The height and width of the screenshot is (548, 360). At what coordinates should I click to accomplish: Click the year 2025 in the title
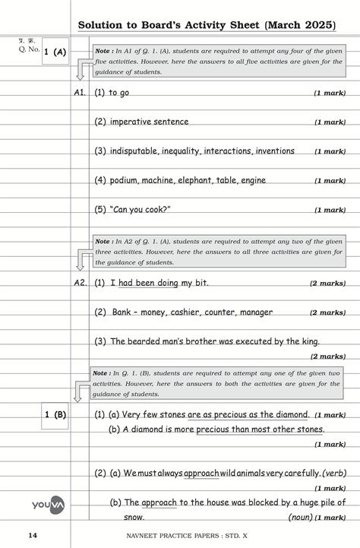coord(316,25)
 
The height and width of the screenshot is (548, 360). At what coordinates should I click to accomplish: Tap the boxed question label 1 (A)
coord(55,52)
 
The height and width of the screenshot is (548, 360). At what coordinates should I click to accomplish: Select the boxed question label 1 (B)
coord(55,414)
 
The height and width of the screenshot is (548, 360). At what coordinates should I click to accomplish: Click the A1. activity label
coord(80,93)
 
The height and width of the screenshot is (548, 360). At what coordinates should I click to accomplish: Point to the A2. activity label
coord(80,283)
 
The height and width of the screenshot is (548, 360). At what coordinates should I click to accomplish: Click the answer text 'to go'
coord(119,93)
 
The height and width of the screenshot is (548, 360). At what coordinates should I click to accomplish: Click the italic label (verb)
coord(335,473)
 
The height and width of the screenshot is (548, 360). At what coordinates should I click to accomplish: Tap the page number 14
coord(32,536)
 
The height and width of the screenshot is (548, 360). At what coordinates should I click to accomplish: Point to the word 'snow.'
coord(134,517)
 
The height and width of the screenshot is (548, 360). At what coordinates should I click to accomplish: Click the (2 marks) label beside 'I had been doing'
coord(327,283)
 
